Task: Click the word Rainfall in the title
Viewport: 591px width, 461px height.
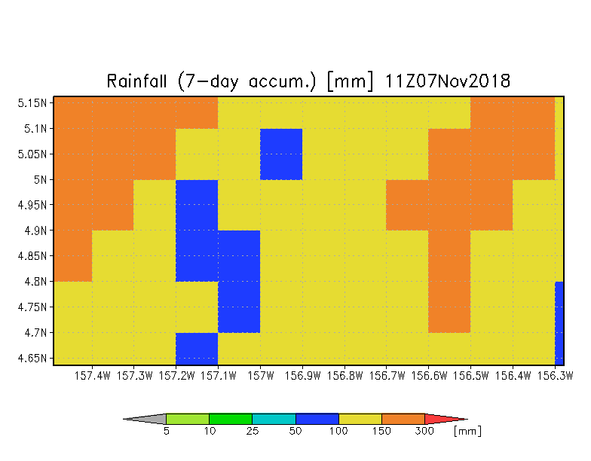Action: (x=136, y=81)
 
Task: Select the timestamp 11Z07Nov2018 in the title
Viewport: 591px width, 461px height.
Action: (x=448, y=81)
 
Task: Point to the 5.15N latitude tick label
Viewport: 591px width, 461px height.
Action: (x=32, y=102)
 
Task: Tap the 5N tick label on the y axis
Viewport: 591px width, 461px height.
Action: (x=41, y=179)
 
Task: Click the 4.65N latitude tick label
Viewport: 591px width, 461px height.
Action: (x=32, y=358)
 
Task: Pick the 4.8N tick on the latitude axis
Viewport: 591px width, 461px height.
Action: (x=36, y=282)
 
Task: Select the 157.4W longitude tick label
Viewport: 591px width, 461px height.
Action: (x=92, y=375)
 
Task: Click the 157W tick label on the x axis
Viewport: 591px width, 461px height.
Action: (x=261, y=375)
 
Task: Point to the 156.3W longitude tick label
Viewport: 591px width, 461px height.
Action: (x=555, y=375)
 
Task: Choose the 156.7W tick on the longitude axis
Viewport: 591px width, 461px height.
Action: (x=387, y=375)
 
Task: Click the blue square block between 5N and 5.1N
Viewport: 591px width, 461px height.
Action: (x=281, y=154)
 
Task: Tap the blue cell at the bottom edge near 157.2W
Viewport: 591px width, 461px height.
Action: (x=197, y=349)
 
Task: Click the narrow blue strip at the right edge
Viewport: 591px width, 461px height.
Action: (x=559, y=323)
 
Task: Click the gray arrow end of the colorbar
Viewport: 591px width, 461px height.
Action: (x=145, y=419)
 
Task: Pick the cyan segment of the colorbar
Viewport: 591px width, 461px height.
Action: (x=274, y=419)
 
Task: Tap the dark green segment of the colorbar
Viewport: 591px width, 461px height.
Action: (x=231, y=419)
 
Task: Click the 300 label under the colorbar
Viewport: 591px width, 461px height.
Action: (x=424, y=431)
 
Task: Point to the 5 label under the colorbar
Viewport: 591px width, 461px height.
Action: (x=166, y=431)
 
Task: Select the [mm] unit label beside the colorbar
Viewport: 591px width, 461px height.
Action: (x=467, y=431)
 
